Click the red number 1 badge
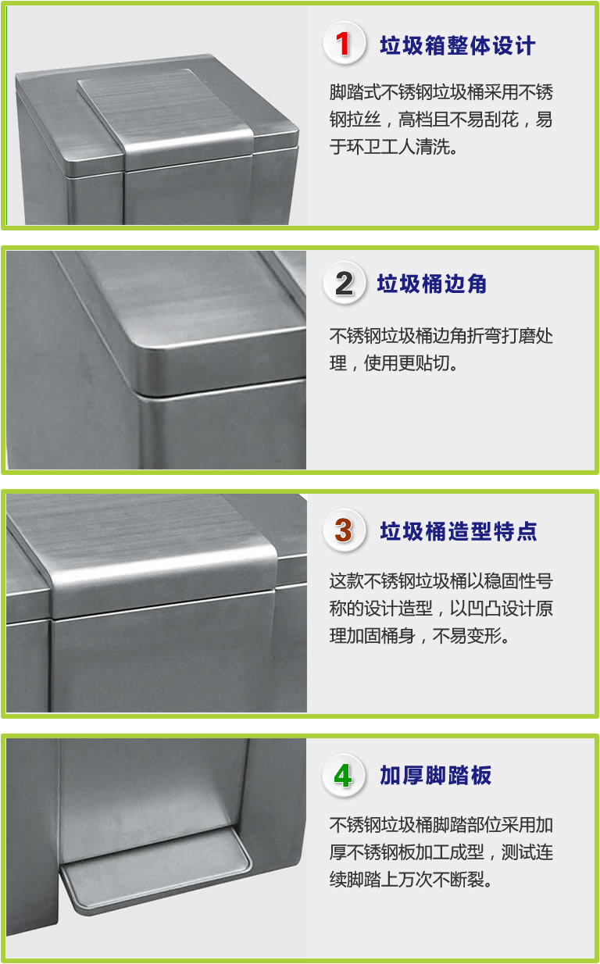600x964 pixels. [x=343, y=43]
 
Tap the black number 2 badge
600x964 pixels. [x=343, y=283]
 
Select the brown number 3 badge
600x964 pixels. [x=343, y=530]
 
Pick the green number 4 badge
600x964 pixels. [x=343, y=776]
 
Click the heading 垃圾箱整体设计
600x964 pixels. [x=458, y=45]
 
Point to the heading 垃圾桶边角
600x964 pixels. [x=432, y=284]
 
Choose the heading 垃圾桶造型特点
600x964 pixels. [x=459, y=531]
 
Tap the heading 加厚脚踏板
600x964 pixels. [x=435, y=776]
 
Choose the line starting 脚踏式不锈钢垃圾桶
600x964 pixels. [x=441, y=91]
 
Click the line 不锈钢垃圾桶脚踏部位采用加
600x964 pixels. [x=441, y=825]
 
